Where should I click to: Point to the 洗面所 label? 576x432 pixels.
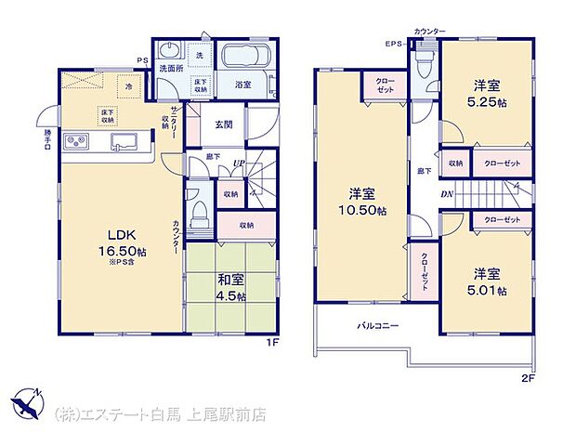point(168,69)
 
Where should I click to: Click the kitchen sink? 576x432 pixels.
point(123,142)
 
